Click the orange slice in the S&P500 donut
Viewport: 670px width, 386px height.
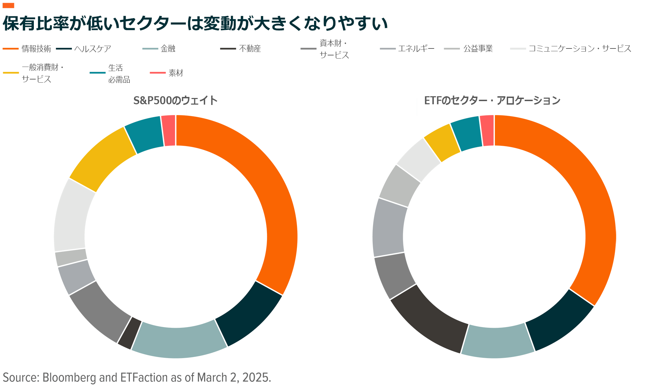[265, 181]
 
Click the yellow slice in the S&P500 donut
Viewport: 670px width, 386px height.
[101, 159]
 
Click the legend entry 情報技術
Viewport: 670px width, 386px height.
[36, 49]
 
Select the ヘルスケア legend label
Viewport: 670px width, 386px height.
[92, 49]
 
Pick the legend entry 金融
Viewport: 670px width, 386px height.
[168, 49]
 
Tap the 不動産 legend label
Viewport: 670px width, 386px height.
[250, 49]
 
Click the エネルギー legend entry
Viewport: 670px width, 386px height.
[416, 49]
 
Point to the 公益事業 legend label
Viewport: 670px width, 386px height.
[478, 49]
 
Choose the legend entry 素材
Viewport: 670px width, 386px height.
[176, 73]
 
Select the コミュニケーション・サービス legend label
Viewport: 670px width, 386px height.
[580, 49]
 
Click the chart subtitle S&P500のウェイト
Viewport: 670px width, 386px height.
[176, 100]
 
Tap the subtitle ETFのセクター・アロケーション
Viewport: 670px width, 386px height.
[492, 100]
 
